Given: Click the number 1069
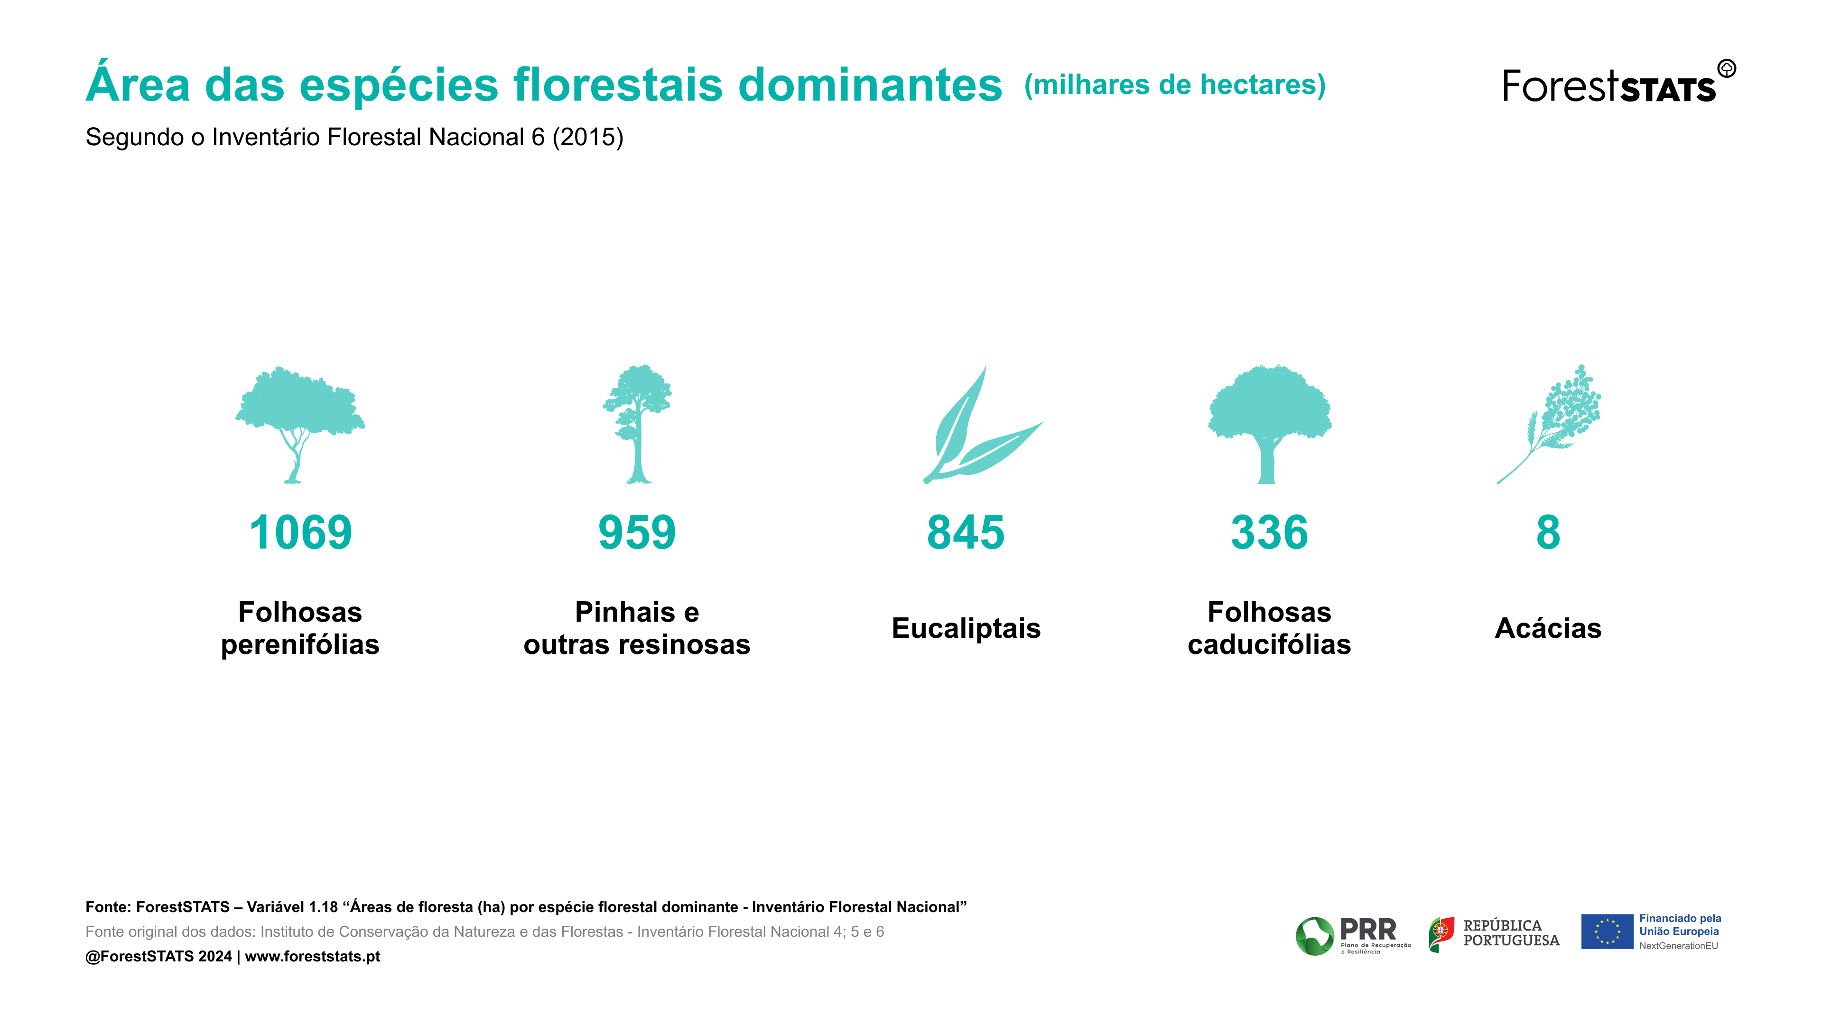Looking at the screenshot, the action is pyautogui.click(x=301, y=532).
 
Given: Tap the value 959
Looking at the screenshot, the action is pyautogui.click(x=637, y=532).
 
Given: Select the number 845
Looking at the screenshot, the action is pyautogui.click(x=966, y=532).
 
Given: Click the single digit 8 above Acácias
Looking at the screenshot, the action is pyautogui.click(x=1548, y=532).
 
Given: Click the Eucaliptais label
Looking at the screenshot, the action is pyautogui.click(x=966, y=628).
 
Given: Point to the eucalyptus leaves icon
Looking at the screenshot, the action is pyautogui.click(x=983, y=424).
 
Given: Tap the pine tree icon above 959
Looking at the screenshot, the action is pyautogui.click(x=637, y=424).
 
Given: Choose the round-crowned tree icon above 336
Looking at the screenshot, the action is pyautogui.click(x=1270, y=424).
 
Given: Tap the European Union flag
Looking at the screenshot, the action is pyautogui.click(x=1607, y=932).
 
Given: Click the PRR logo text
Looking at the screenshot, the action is pyautogui.click(x=1368, y=929).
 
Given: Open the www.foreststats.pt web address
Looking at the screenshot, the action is pyautogui.click(x=313, y=956).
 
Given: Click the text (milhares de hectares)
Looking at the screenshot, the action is pyautogui.click(x=1175, y=85).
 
